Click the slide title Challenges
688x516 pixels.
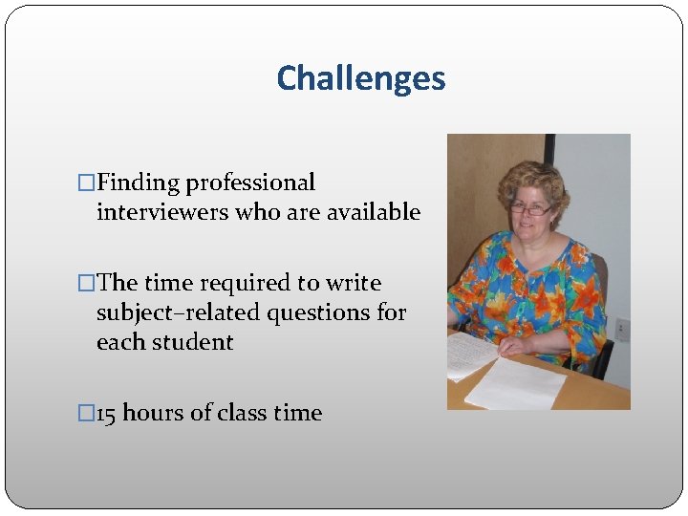(x=360, y=78)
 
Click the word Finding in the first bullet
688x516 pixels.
(x=139, y=183)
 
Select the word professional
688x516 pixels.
(x=250, y=183)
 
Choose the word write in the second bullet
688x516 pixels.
(x=354, y=283)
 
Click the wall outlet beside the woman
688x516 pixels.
(x=622, y=328)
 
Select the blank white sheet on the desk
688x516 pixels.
(x=516, y=384)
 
